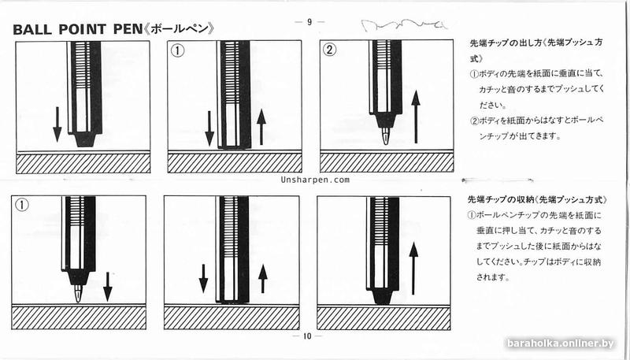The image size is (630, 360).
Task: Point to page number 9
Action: [x=309, y=21]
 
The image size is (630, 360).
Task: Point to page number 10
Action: [x=307, y=336]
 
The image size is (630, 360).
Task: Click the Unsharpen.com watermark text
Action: [x=314, y=180]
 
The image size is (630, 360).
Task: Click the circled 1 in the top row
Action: [x=178, y=52]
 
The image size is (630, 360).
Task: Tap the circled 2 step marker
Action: [x=330, y=52]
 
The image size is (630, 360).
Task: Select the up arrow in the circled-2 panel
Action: [x=417, y=116]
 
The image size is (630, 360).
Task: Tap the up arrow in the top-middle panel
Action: [x=262, y=127]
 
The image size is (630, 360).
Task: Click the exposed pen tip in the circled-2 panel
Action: [x=385, y=135]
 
